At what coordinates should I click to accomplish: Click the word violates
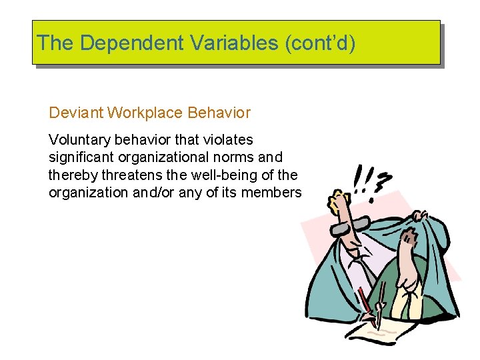[229, 140]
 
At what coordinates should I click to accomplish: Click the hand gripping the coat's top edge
[418, 216]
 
